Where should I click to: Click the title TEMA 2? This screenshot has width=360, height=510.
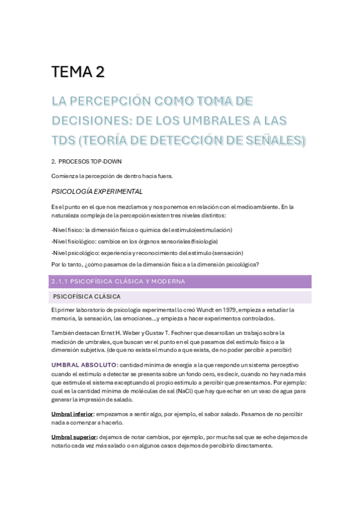78,72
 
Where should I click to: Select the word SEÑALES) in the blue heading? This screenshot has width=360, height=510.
275,141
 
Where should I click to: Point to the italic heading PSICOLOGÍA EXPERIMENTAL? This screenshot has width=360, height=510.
97,191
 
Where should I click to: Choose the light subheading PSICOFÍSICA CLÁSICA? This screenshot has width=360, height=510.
87,296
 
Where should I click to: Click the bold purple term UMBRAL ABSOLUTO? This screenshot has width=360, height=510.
84,365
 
